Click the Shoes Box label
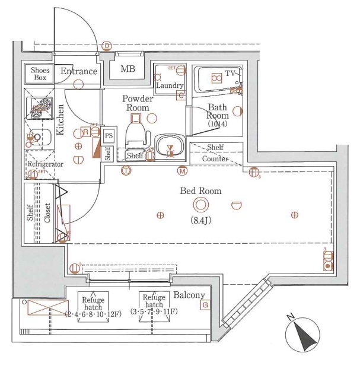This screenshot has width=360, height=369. [x=40, y=74]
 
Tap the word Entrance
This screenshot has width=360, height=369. [x=78, y=72]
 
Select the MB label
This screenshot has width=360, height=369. [x=128, y=69]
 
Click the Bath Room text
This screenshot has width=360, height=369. [x=217, y=112]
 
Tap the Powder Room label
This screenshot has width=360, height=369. [x=138, y=103]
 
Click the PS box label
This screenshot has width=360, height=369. [x=109, y=136]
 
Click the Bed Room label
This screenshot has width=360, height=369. [x=201, y=191]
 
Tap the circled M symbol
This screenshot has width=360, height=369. [x=182, y=171]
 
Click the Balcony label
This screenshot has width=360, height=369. [x=189, y=295]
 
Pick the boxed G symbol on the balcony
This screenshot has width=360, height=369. [x=205, y=305]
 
